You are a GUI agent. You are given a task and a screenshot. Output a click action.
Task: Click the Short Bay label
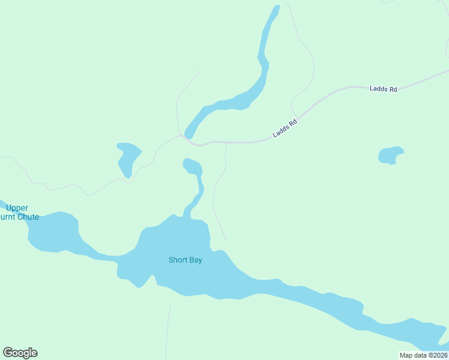coord(185,260)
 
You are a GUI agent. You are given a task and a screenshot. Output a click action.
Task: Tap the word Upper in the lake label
coord(17,208)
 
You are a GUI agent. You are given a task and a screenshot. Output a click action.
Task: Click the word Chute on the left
coord(28,217)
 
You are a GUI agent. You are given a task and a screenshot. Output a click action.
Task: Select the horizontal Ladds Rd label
coord(384,89)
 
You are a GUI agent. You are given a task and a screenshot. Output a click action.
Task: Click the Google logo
coord(20,353)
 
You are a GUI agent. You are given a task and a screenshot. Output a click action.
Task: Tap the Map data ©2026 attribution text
coord(423,355)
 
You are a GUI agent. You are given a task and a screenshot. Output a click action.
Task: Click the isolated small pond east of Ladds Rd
coord(390,155)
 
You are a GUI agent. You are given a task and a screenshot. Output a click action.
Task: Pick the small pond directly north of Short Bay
coord(192,165)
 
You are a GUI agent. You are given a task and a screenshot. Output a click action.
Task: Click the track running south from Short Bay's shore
coord(167,330)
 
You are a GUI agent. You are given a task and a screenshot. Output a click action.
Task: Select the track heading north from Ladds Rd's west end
coord(183,96)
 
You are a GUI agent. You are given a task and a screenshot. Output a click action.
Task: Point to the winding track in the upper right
coord(306,60)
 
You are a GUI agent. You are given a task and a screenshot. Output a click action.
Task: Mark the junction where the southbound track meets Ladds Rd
coord(226,143)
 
